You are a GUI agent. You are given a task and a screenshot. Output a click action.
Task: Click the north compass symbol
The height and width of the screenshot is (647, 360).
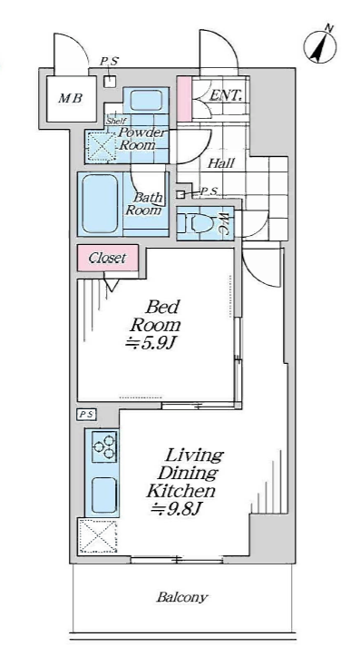tap(321, 45)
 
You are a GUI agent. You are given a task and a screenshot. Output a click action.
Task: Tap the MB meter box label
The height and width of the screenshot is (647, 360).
tap(71, 99)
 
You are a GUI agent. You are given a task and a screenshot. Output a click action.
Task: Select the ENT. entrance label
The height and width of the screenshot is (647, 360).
tap(226, 96)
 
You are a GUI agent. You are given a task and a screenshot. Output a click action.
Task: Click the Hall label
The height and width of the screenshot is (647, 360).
tap(220, 163)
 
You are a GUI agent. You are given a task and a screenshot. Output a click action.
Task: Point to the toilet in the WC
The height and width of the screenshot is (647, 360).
tap(197, 223)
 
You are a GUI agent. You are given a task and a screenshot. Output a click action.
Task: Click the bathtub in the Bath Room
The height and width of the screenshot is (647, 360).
tap(101, 204)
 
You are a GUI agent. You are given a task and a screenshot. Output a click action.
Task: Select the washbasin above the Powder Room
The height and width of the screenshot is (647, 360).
tap(146, 100)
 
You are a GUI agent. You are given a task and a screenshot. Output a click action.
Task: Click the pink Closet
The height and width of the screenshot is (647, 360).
tap(108, 258)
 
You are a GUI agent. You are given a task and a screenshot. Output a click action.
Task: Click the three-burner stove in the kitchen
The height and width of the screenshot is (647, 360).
tap(104, 446)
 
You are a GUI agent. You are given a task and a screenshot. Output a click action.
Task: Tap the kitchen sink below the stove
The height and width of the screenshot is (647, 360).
tap(103, 494)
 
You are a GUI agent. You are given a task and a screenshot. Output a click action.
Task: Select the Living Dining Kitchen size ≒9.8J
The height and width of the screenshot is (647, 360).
tap(175, 508)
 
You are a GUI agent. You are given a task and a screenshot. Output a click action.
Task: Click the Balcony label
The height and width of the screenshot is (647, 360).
tap(182, 597)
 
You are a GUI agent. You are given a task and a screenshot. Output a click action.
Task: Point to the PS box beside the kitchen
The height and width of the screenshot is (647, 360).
tap(86, 415)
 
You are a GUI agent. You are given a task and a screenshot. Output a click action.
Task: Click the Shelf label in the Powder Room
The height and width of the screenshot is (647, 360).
tap(116, 122)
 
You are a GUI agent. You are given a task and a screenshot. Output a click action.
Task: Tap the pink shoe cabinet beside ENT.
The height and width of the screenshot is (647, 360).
tap(184, 99)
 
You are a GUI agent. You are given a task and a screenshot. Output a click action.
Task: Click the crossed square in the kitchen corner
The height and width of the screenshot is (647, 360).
tap(98, 535)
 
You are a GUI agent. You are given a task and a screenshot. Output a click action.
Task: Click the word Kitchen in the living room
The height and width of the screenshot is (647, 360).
tap(181, 491)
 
